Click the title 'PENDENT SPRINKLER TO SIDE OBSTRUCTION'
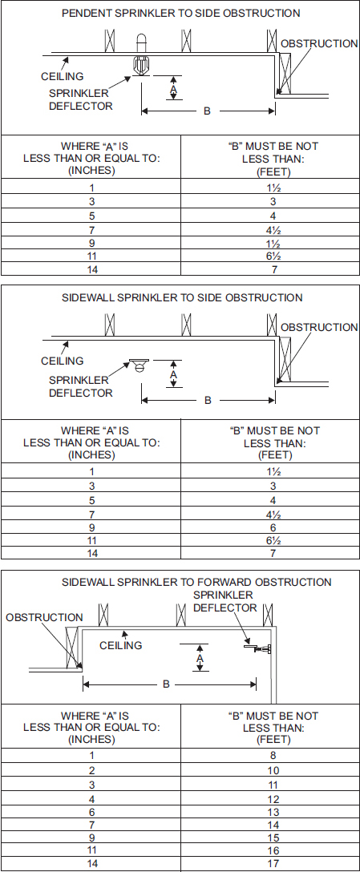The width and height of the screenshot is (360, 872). [x=181, y=14]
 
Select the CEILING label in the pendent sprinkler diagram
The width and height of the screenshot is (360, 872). [x=62, y=77]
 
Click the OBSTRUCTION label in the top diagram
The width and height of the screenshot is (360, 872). [x=319, y=43]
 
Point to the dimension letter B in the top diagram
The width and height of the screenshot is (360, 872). [x=207, y=111]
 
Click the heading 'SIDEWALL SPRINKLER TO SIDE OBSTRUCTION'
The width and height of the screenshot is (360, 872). [x=182, y=298]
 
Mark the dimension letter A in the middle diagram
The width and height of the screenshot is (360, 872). [x=173, y=373]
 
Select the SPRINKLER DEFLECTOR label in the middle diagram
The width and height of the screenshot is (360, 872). [x=81, y=386]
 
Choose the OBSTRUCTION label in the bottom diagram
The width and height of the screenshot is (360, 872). [x=44, y=618]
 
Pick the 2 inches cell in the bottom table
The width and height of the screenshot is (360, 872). [x=91, y=769]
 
